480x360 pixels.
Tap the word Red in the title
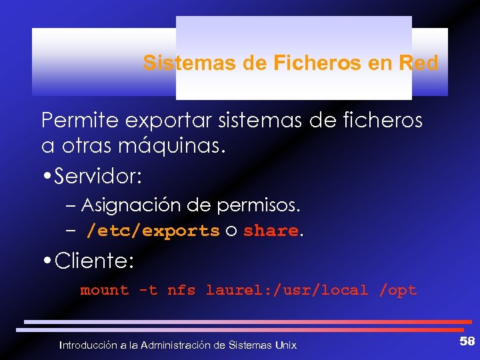point(418,63)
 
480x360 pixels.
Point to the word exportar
point(155,121)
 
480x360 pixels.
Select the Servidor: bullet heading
point(99,177)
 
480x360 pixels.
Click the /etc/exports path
point(153,231)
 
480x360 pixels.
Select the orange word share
point(271,231)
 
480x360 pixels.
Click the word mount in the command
point(105,290)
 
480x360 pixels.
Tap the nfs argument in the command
point(181,290)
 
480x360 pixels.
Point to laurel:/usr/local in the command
point(287,290)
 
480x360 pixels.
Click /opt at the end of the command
point(398,290)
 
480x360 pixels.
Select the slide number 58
point(467,341)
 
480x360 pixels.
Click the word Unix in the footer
point(285,345)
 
